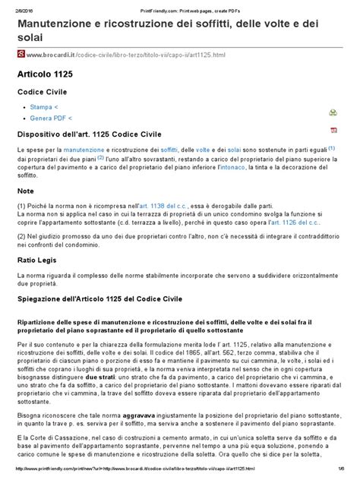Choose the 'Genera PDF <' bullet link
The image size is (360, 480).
pyautogui.click(x=52, y=119)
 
